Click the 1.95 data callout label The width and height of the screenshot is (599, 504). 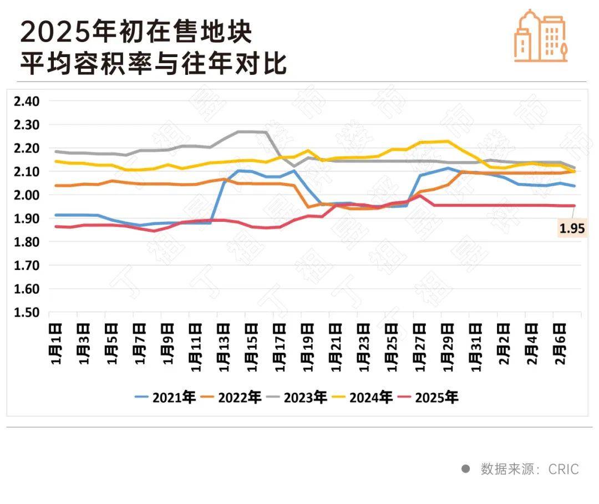pos(571,228)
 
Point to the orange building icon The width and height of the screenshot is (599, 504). pos(540,35)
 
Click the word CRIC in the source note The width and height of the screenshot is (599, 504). pos(564,470)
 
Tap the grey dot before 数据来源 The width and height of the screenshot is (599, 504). pos(466,469)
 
